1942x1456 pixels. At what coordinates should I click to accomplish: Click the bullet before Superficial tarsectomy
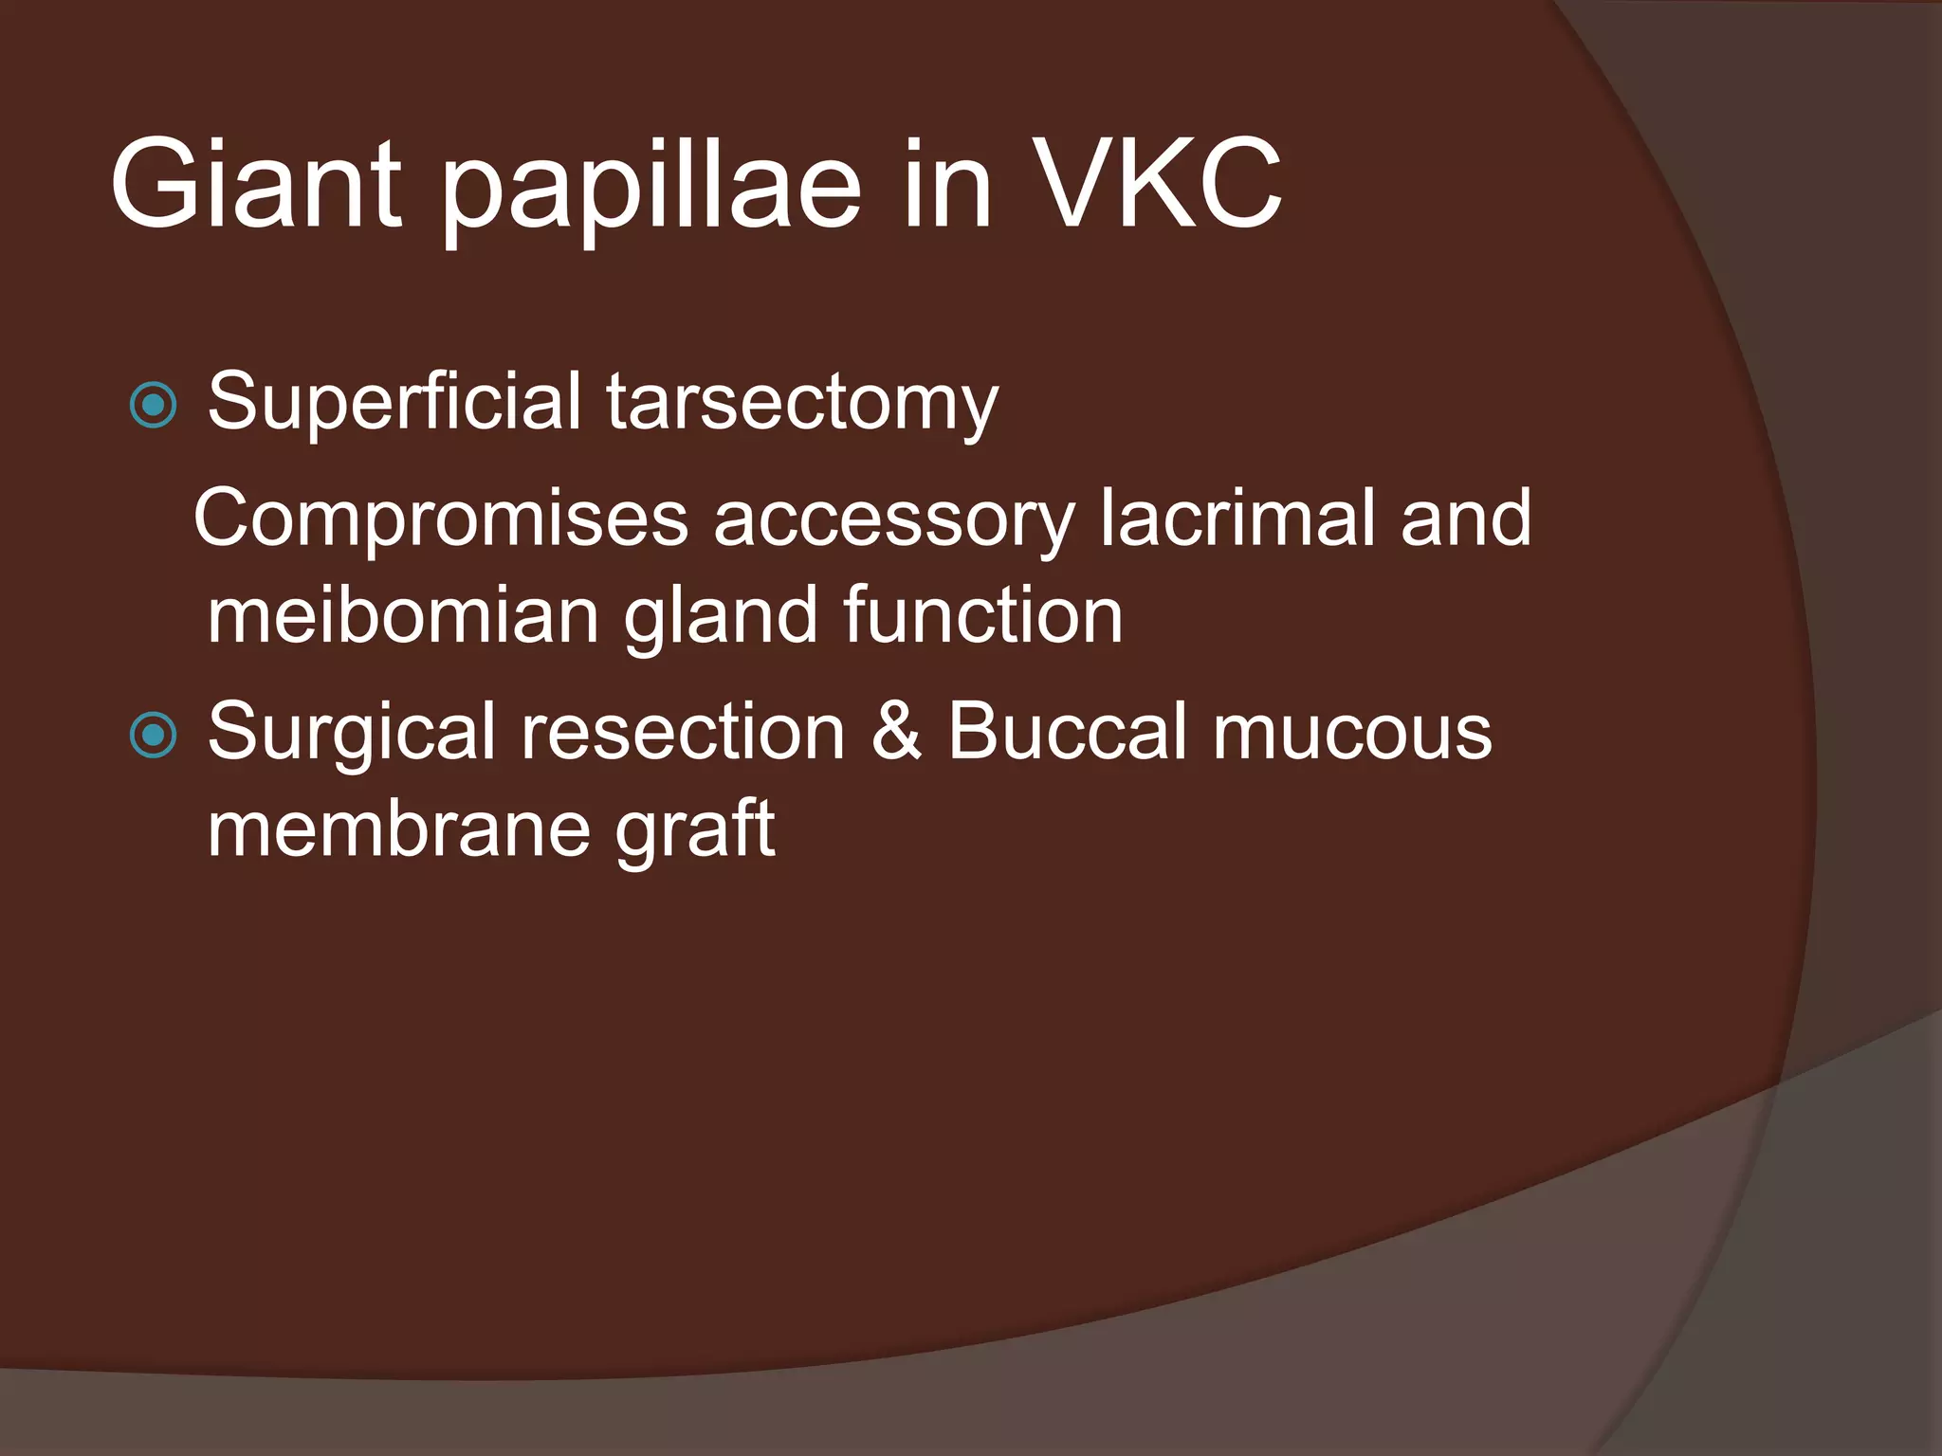(153, 405)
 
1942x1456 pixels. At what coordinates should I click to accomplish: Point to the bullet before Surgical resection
(153, 735)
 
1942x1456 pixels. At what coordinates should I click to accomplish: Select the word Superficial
(394, 403)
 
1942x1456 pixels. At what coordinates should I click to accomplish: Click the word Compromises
(440, 519)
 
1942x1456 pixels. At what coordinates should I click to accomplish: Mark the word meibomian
(403, 615)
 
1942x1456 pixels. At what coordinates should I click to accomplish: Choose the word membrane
(398, 828)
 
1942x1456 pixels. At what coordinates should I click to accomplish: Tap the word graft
(694, 830)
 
